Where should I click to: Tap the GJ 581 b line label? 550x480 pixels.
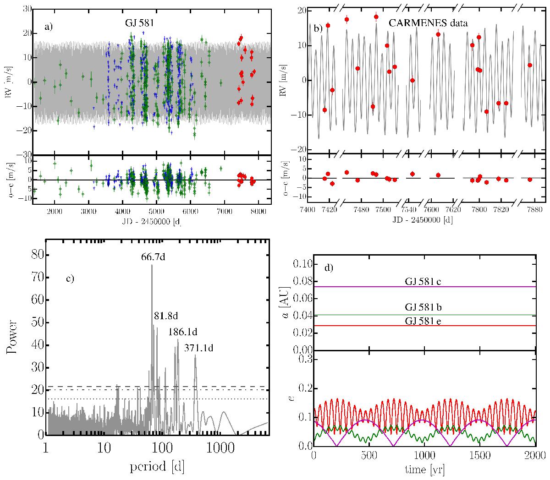[x=423, y=307]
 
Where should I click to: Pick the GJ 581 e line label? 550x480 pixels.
[x=423, y=320]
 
